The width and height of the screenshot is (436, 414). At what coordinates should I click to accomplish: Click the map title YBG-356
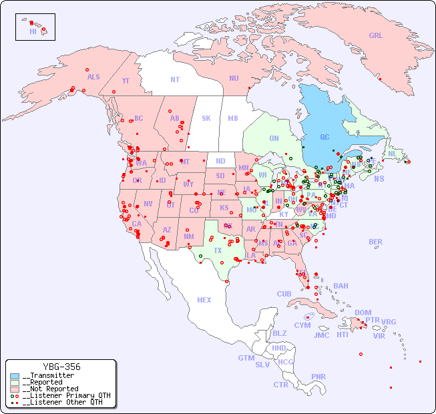click(61, 367)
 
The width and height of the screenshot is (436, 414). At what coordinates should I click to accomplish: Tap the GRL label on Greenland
click(376, 35)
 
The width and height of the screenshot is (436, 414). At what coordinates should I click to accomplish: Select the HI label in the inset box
click(33, 31)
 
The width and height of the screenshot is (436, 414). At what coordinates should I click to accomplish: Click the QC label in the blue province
click(324, 138)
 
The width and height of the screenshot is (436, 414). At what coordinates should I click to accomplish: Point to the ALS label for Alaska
click(93, 77)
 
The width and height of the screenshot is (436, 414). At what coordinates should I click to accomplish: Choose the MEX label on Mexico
click(204, 300)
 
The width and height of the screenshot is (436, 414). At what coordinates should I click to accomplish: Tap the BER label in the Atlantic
click(376, 242)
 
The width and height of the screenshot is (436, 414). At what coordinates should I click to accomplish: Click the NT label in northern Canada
click(175, 79)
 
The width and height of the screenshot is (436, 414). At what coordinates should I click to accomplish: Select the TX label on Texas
click(218, 250)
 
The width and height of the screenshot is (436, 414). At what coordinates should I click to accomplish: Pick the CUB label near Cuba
click(284, 294)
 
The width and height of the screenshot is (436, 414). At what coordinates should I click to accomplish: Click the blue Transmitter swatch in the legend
click(15, 376)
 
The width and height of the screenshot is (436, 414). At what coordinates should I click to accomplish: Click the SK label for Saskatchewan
click(206, 118)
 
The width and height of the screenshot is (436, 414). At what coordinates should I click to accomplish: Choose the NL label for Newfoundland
click(393, 153)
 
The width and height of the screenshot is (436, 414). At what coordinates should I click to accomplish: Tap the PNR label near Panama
click(318, 377)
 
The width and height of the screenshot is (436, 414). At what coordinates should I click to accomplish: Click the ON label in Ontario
click(274, 138)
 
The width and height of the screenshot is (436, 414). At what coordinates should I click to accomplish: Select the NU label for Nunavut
click(234, 78)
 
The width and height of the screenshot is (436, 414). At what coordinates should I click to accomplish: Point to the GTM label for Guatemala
click(246, 358)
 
